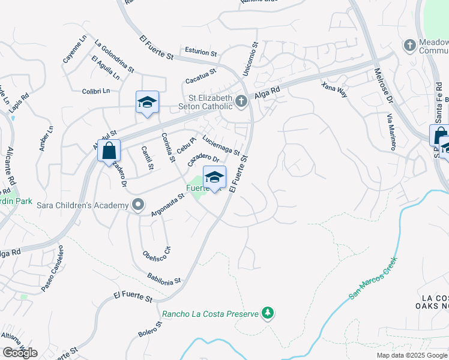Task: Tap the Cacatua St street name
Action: click(200, 76)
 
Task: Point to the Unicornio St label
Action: click(250, 59)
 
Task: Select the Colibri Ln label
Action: click(96, 91)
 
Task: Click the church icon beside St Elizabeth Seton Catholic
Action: click(241, 101)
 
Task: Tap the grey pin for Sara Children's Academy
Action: click(138, 205)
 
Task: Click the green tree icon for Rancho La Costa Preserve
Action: click(268, 313)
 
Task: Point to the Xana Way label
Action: click(334, 90)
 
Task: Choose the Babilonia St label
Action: click(164, 278)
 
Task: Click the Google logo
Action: click(20, 353)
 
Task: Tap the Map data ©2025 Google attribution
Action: click(412, 355)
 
